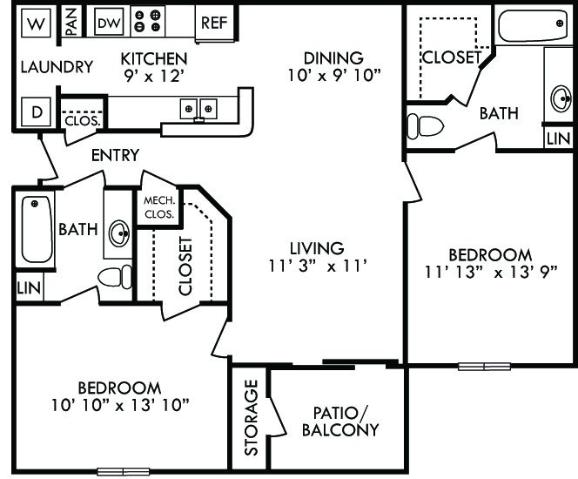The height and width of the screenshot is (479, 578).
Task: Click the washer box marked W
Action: pos(34,24)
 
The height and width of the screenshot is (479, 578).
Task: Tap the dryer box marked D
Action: pos(36,111)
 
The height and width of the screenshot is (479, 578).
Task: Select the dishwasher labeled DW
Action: pos(109,24)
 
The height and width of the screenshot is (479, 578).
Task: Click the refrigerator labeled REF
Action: pos(213,23)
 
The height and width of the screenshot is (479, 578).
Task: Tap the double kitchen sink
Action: pos(198,109)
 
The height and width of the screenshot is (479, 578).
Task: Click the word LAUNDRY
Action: pos(56,67)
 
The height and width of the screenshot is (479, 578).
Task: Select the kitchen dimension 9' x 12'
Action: pos(153,75)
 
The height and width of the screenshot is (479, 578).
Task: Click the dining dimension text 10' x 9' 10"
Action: pos(333,75)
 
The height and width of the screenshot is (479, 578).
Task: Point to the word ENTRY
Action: pos(115,155)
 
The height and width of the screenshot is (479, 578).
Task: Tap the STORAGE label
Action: pos(252,417)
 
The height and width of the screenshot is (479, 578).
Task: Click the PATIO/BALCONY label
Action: pos(339,421)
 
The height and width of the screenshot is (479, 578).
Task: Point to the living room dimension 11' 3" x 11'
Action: pos(319,257)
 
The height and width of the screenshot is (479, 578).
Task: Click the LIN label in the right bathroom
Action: pos(558,138)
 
